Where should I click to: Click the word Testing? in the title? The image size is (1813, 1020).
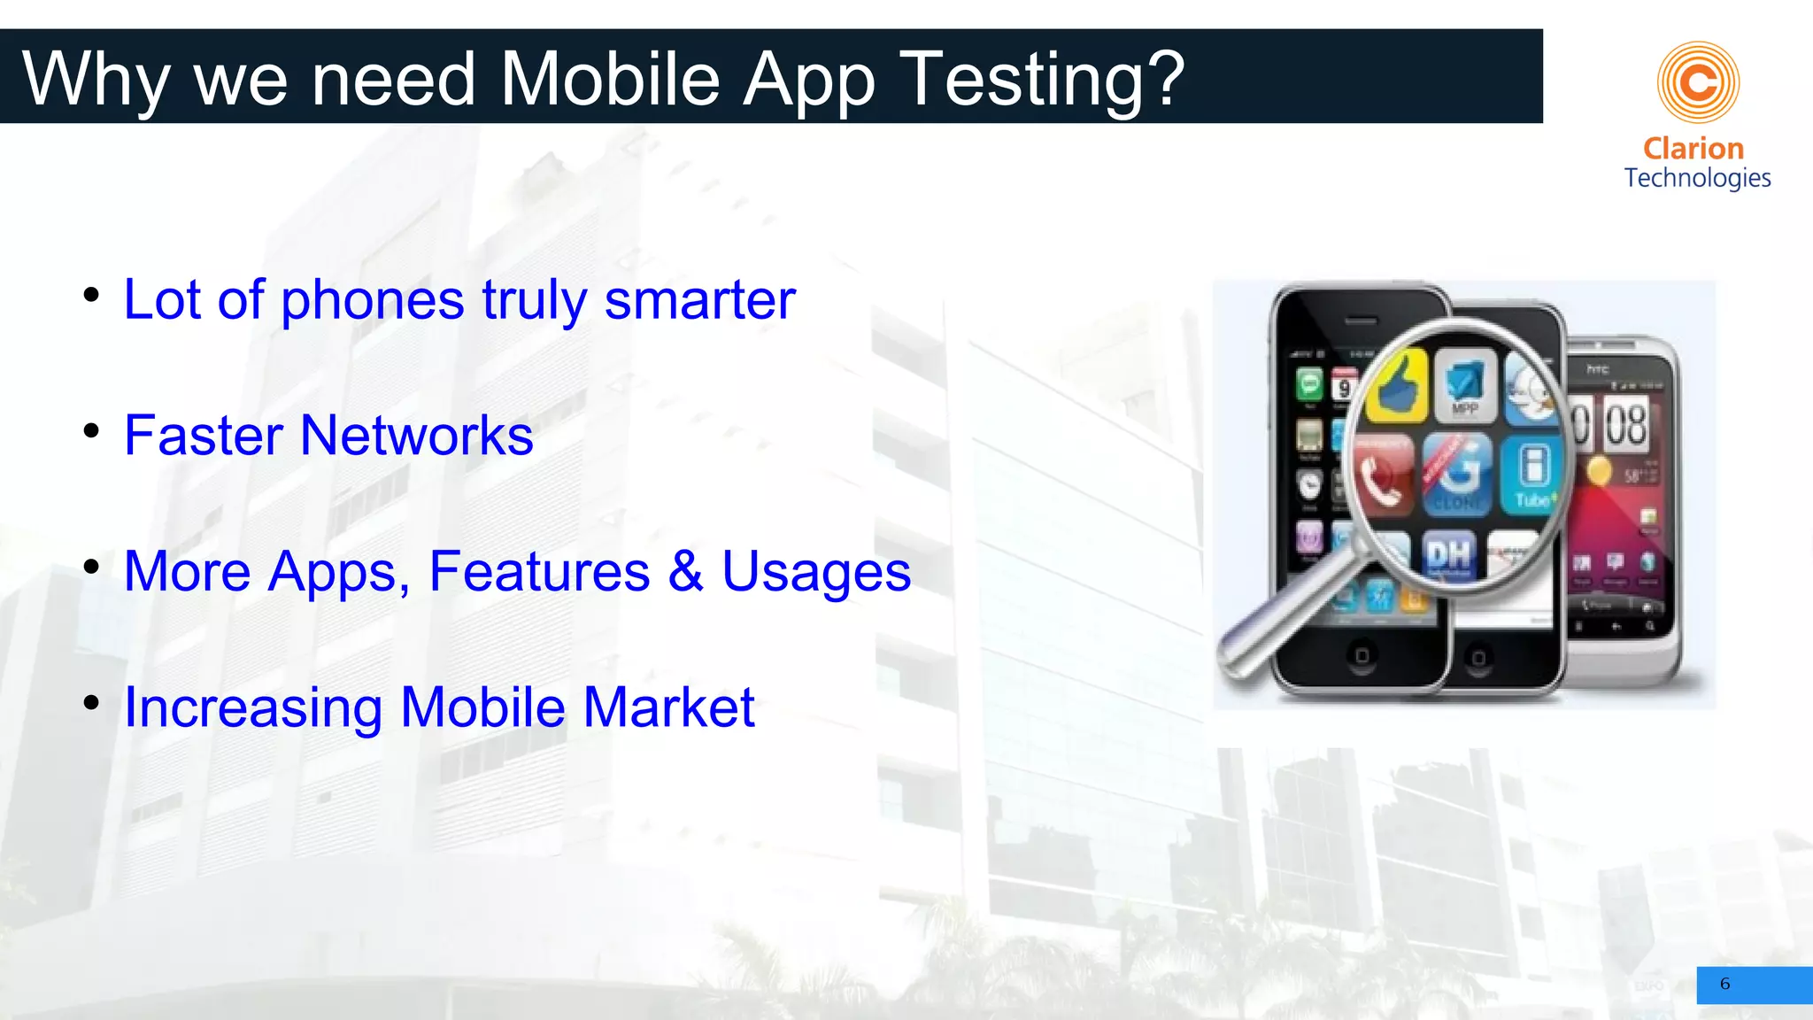coord(1046,80)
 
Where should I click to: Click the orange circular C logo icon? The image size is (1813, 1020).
coord(1698,82)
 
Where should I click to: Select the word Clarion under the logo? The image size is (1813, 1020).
coord(1693,148)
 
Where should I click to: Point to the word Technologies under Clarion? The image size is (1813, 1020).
coord(1697,178)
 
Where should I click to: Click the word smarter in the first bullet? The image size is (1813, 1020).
coord(699,300)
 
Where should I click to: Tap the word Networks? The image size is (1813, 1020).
coord(416,436)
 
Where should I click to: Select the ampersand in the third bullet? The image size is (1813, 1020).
coord(686,571)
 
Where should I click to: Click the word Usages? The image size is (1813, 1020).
coord(816,571)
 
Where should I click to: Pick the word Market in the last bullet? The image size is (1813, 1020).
coord(668,707)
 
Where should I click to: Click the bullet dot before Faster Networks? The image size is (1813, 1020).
coord(91,431)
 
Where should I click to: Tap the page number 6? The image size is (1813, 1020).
coord(1724,984)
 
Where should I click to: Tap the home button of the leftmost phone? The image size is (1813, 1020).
coord(1362,656)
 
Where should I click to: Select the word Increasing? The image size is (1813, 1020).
coord(253,707)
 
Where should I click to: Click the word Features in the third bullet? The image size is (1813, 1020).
coord(539,571)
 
